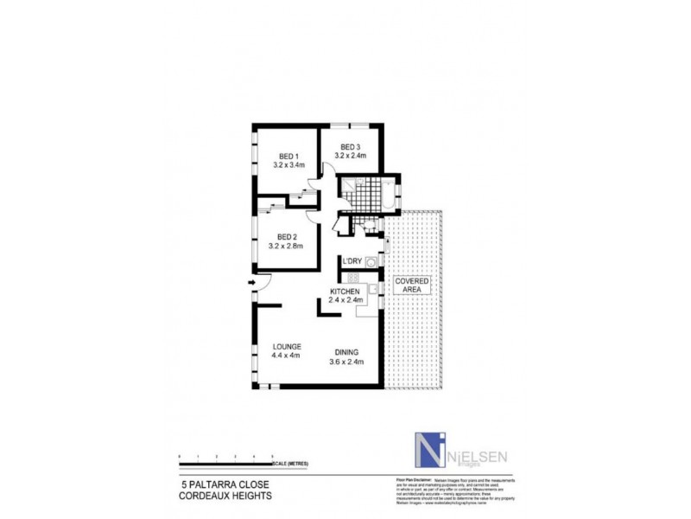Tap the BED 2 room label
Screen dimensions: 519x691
click(x=287, y=236)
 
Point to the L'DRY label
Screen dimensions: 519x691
click(x=352, y=261)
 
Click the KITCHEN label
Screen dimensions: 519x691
click(x=344, y=292)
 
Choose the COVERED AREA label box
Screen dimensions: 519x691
click(x=411, y=285)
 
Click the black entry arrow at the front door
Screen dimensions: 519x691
click(x=252, y=281)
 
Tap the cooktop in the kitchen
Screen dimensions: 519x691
click(x=352, y=277)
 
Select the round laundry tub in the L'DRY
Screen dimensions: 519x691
click(x=371, y=262)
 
